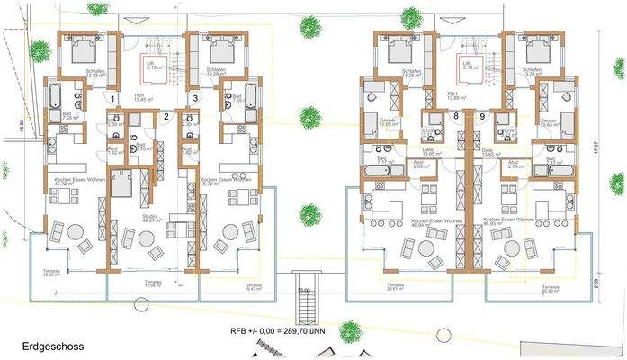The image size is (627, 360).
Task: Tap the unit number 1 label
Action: pyautogui.click(x=112, y=98)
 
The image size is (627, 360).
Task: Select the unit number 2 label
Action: pyautogui.click(x=166, y=115)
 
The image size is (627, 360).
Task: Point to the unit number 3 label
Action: pyautogui.click(x=195, y=98)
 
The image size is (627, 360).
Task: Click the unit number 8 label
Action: pyautogui.click(x=457, y=117)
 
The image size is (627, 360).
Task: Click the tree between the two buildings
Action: pyautogui.click(x=310, y=215)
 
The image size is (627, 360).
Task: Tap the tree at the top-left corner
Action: pyautogui.click(x=40, y=50)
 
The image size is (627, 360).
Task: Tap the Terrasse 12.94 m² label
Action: pyautogui.click(x=154, y=283)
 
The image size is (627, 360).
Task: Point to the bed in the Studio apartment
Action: pyautogui.click(x=122, y=185)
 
